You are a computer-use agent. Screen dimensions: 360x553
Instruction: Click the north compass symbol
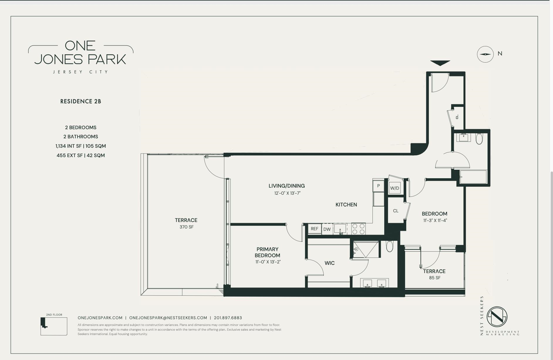(x=485, y=54)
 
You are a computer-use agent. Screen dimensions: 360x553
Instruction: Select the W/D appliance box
(x=394, y=188)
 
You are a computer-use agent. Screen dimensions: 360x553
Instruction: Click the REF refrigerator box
(x=314, y=229)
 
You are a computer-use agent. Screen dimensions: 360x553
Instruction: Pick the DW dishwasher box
(x=327, y=229)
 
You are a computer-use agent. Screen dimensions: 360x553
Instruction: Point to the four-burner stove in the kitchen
(x=358, y=229)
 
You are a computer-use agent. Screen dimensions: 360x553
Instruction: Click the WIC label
(x=329, y=263)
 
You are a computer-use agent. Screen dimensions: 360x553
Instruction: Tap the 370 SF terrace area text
(x=186, y=227)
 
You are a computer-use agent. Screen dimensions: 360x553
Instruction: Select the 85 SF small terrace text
(x=434, y=278)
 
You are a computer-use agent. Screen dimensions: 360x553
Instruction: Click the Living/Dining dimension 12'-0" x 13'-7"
(x=287, y=193)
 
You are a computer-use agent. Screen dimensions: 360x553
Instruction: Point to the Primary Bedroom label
(x=267, y=252)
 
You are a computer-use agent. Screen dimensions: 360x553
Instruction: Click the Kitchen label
(x=346, y=205)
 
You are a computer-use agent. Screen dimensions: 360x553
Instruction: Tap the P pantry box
(x=378, y=186)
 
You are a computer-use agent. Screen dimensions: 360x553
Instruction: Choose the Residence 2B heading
(x=81, y=102)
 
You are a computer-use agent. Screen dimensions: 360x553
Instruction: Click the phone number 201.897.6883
(x=228, y=318)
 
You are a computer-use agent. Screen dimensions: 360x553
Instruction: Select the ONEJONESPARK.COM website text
(x=100, y=318)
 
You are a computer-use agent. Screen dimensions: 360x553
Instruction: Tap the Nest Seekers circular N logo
(x=497, y=317)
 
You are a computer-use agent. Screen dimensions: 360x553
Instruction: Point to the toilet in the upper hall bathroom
(x=479, y=139)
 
